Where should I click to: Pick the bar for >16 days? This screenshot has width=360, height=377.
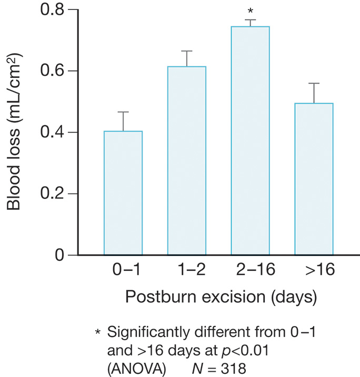click(314, 179)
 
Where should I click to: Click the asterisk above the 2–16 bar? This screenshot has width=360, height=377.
click(250, 11)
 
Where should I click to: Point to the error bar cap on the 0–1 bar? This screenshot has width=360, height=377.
click(123, 112)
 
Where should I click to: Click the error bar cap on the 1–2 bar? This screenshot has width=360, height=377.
click(186, 51)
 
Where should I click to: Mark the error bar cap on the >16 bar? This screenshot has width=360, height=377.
click(314, 83)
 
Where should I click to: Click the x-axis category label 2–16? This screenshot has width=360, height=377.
click(250, 271)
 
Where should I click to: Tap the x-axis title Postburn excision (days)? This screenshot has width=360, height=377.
click(221, 297)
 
